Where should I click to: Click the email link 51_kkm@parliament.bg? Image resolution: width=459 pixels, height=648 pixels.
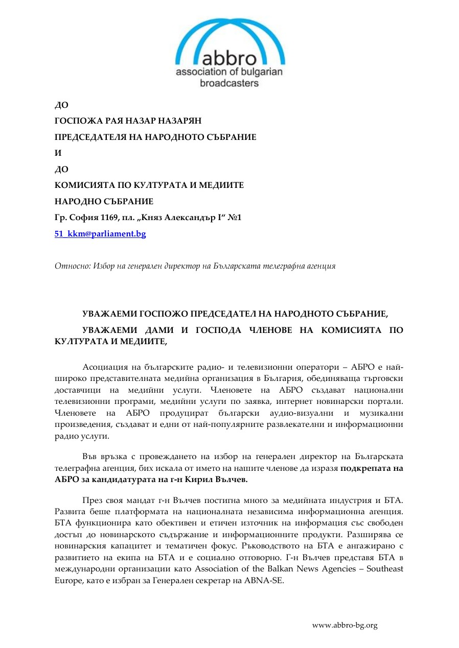(x=100, y=234)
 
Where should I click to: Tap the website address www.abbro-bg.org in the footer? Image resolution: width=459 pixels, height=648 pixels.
(x=345, y=625)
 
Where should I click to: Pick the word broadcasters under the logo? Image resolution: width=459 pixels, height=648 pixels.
(x=229, y=83)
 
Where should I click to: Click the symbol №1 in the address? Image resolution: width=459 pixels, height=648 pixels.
(x=235, y=218)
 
